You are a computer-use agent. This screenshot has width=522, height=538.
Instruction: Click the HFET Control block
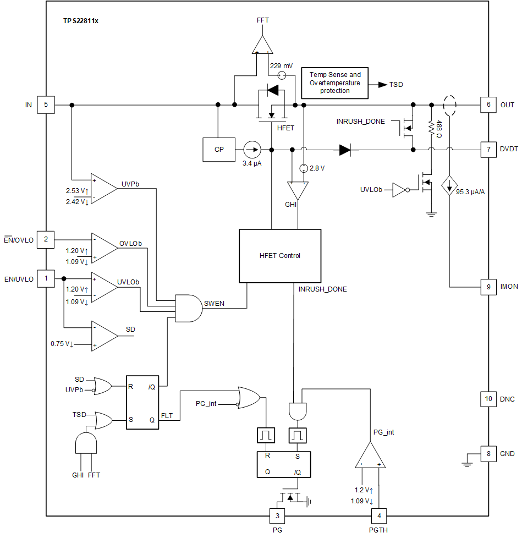pos(279,255)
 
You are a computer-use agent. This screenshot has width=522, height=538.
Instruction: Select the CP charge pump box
pos(219,149)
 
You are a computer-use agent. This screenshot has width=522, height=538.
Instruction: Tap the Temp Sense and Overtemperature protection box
pos(335,83)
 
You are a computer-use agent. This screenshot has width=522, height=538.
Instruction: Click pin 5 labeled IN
pos(46,105)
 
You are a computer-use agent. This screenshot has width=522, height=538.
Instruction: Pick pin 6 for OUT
pos(488,105)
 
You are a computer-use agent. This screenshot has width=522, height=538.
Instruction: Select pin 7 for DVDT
pos(488,149)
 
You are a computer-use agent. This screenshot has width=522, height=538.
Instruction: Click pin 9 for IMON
pos(488,287)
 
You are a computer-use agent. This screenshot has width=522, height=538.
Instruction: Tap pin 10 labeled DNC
pos(488,399)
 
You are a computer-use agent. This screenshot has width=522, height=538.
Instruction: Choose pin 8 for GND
pos(488,454)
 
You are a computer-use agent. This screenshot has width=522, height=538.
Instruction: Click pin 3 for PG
pos(277,516)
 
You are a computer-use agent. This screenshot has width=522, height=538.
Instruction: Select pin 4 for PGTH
pos(379,516)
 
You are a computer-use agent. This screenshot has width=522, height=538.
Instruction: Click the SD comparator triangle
pos(103,336)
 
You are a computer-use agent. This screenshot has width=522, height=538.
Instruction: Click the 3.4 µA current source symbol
pos(252,149)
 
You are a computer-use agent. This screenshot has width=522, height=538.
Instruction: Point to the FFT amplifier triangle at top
pos(262,44)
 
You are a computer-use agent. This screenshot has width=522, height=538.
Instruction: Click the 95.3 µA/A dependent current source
pos(450,186)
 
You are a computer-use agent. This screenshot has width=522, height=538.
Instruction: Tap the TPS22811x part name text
pos(81,20)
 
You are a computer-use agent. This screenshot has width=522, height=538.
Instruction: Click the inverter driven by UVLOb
pos(400,190)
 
